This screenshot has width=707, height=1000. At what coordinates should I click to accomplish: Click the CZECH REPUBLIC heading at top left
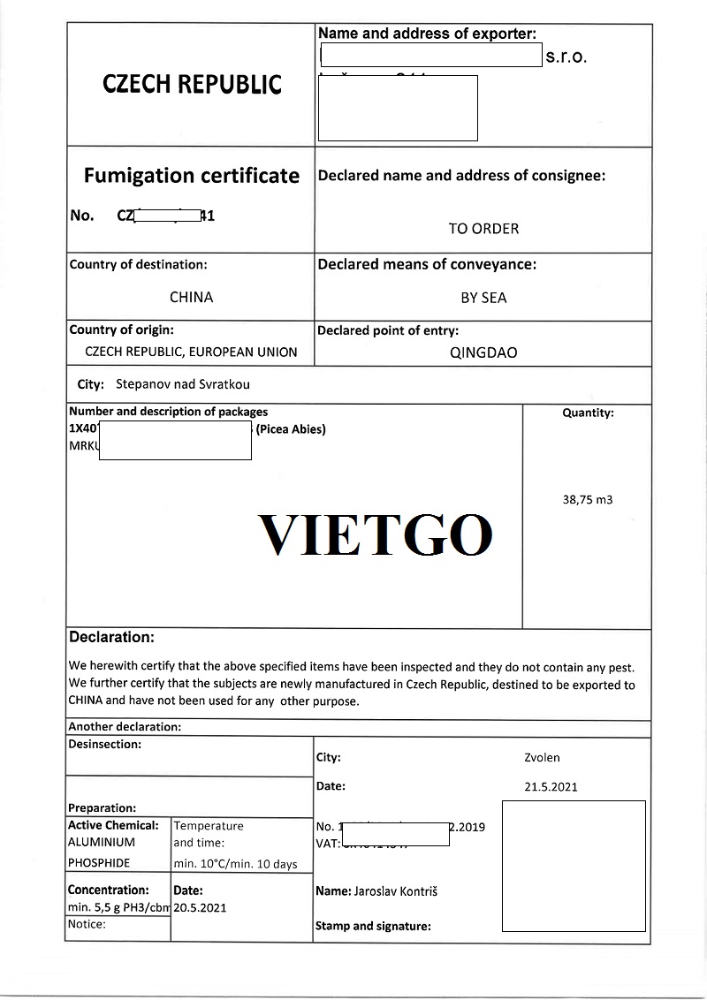tap(192, 85)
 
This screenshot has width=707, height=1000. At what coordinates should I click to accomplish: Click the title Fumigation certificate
tap(191, 176)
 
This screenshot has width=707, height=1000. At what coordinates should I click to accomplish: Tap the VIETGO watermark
tap(375, 534)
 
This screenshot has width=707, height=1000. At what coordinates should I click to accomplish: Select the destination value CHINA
tap(191, 297)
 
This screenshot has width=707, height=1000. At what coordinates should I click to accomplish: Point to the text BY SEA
tap(483, 298)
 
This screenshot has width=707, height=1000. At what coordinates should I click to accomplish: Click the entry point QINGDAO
tap(483, 352)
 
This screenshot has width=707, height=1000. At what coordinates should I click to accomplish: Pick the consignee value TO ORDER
tap(483, 229)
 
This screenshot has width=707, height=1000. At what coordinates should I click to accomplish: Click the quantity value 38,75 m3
tap(588, 499)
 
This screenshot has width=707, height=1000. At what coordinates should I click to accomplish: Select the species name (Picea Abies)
tap(291, 429)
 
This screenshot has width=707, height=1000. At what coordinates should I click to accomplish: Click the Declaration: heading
tap(111, 637)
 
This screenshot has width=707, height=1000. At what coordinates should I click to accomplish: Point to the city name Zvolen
tap(542, 757)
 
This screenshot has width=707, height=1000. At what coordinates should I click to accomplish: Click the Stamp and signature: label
tap(373, 927)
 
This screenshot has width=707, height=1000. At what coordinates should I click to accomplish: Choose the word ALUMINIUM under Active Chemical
tap(102, 843)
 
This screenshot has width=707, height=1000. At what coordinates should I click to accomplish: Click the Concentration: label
tap(108, 890)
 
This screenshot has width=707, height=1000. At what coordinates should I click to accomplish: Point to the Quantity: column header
tap(588, 413)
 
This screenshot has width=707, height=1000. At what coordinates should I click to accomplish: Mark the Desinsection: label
tap(104, 745)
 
